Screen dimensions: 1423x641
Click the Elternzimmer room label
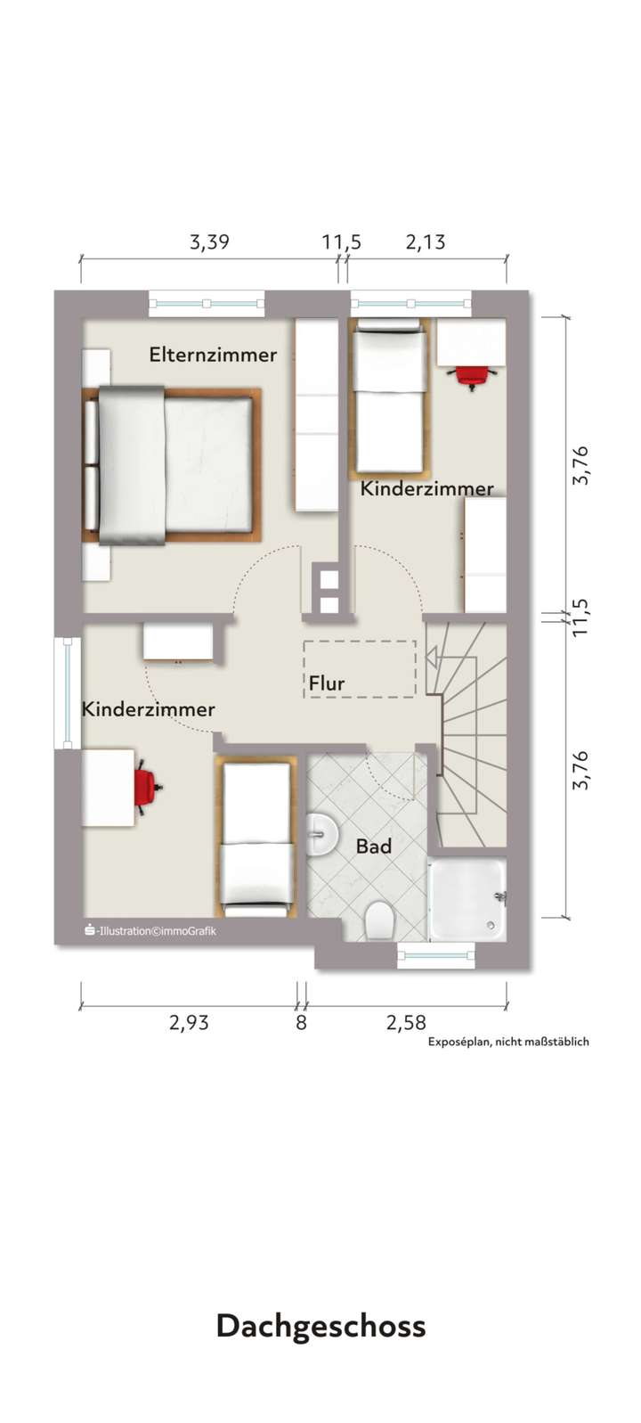(x=213, y=355)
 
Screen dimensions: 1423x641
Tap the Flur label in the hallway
(x=327, y=683)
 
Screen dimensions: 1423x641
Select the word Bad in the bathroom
(x=374, y=846)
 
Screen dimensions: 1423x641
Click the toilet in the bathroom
(x=379, y=920)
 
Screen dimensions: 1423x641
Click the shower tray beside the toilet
(x=467, y=900)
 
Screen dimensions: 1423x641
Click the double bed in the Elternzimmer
(x=173, y=464)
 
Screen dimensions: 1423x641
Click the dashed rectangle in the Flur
(x=359, y=668)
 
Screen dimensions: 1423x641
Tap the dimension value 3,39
(x=209, y=241)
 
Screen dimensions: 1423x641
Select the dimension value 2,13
(x=426, y=241)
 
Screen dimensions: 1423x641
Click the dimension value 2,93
(x=189, y=1022)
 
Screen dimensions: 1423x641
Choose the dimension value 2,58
(x=406, y=1022)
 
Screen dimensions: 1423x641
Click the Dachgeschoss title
(x=320, y=1326)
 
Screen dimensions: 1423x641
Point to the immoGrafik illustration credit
(x=150, y=931)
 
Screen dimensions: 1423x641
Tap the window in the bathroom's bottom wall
(x=436, y=956)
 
